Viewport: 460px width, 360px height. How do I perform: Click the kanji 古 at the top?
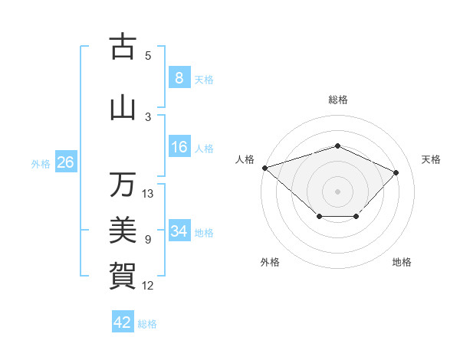pyautogui.click(x=122, y=47)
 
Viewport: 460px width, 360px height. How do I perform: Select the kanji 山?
pyautogui.click(x=122, y=108)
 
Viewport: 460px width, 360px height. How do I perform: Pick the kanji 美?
pyautogui.click(x=122, y=230)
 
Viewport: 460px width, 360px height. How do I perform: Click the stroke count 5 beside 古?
pyautogui.click(x=148, y=56)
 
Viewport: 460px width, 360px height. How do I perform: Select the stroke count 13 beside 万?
pyautogui.click(x=148, y=194)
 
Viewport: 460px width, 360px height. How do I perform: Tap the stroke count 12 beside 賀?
pyautogui.click(x=148, y=286)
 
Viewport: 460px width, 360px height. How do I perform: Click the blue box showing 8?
pyautogui.click(x=179, y=78)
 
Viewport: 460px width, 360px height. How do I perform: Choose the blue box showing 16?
pyautogui.click(x=179, y=147)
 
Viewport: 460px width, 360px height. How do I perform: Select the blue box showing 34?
pyautogui.click(x=179, y=231)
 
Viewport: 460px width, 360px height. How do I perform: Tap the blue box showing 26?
pyautogui.click(x=65, y=162)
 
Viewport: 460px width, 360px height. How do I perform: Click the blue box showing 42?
pyautogui.click(x=122, y=322)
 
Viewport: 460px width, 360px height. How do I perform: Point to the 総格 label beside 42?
pyautogui.click(x=147, y=324)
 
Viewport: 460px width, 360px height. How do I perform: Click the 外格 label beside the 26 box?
pyautogui.click(x=41, y=163)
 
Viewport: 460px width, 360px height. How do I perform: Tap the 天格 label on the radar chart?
pyautogui.click(x=432, y=159)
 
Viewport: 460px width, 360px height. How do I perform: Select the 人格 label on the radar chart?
pyautogui.click(x=245, y=159)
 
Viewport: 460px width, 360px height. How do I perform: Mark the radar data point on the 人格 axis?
pyautogui.click(x=264, y=168)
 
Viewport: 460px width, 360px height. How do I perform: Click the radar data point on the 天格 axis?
pyautogui.click(x=396, y=172)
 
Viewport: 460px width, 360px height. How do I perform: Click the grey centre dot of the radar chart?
pyautogui.click(x=337, y=191)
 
